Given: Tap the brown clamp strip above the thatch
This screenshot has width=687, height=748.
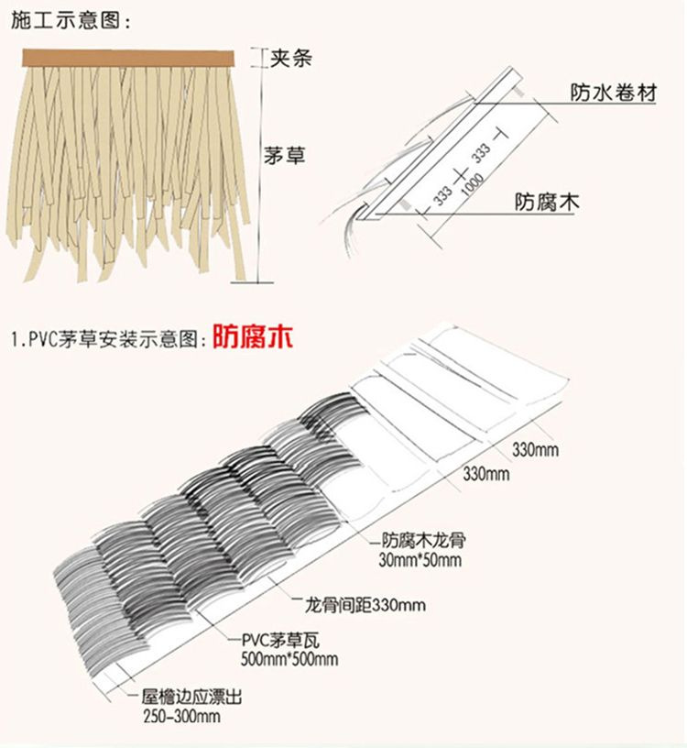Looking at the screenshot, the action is pyautogui.click(x=128, y=58).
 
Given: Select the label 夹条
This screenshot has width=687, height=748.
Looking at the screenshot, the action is pyautogui.click(x=290, y=59).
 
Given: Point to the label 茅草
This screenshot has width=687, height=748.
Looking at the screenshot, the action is pyautogui.click(x=285, y=156).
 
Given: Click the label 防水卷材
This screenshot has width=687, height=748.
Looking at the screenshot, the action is pyautogui.click(x=614, y=92).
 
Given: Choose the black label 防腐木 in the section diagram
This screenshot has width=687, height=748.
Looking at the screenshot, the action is pyautogui.click(x=547, y=202).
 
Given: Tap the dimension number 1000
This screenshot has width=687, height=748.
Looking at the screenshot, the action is pyautogui.click(x=473, y=183).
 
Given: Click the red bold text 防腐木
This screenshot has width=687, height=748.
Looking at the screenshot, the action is pyautogui.click(x=252, y=336).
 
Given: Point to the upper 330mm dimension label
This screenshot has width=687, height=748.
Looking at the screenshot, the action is pyautogui.click(x=535, y=449).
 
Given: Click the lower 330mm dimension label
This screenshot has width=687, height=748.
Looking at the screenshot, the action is pyautogui.click(x=485, y=474).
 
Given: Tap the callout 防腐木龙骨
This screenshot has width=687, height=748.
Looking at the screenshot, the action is pyautogui.click(x=424, y=540).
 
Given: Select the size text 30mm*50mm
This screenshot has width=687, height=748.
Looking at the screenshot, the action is pyautogui.click(x=420, y=559).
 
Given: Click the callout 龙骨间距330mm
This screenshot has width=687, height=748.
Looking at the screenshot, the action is pyautogui.click(x=365, y=605).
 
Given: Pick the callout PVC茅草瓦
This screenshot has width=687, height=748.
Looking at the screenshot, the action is pyautogui.click(x=280, y=640).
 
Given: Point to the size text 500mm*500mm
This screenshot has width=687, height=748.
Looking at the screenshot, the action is pyautogui.click(x=289, y=659).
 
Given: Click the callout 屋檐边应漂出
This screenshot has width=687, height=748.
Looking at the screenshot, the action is pyautogui.click(x=191, y=697).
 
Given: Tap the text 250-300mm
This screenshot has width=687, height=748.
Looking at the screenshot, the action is pyautogui.click(x=181, y=717).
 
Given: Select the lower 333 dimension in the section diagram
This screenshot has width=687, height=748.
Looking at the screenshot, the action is pyautogui.click(x=442, y=195).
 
